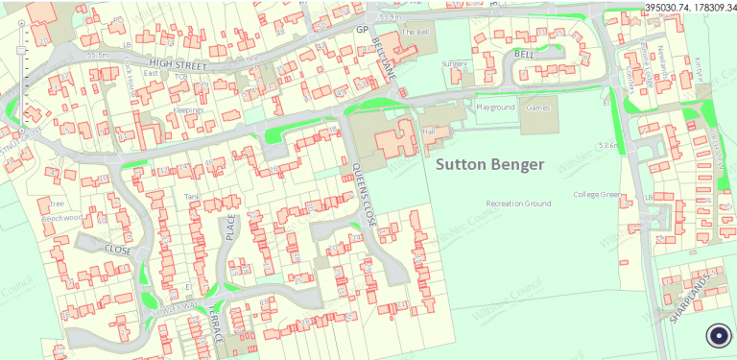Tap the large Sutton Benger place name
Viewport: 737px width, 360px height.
pyautogui.click(x=489, y=165)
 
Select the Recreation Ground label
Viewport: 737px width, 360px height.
pyautogui.click(x=518, y=204)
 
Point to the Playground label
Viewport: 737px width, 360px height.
pyautogui.click(x=496, y=108)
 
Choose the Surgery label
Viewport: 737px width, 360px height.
pyautogui.click(x=454, y=63)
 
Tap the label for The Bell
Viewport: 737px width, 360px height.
pyautogui.click(x=415, y=32)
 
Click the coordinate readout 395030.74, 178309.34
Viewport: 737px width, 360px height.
pyautogui.click(x=690, y=7)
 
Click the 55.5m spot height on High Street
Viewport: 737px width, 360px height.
pyautogui.click(x=98, y=56)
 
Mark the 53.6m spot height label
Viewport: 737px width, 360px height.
pyautogui.click(x=606, y=145)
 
